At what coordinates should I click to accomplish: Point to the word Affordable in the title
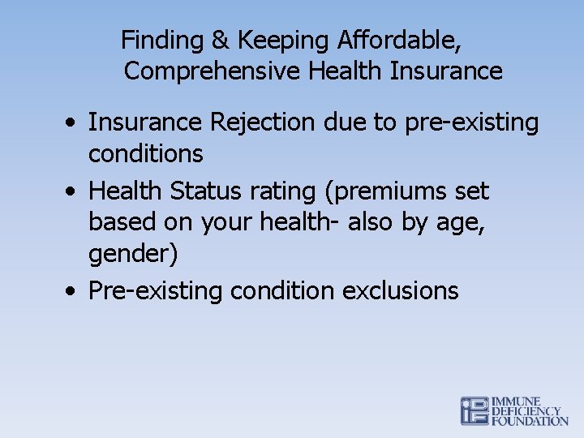[x=400, y=41]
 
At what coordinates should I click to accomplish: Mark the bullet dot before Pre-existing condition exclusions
[x=73, y=291]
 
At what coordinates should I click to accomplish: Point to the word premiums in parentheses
[x=380, y=191]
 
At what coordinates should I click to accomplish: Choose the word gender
[x=134, y=255]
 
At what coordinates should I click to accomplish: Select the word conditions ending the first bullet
[x=146, y=152]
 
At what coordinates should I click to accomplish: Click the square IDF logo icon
[x=474, y=410]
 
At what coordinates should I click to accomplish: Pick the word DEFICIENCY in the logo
[x=526, y=411]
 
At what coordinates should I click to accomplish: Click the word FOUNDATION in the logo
[x=530, y=421]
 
